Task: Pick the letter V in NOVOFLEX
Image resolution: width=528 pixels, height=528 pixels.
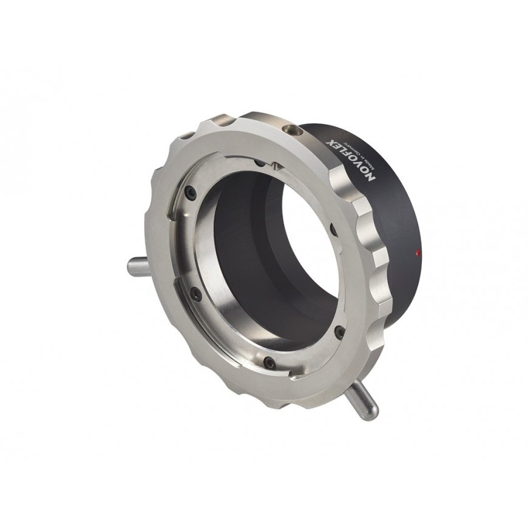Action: point(360,168)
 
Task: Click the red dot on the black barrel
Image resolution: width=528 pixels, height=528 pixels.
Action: point(418,252)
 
